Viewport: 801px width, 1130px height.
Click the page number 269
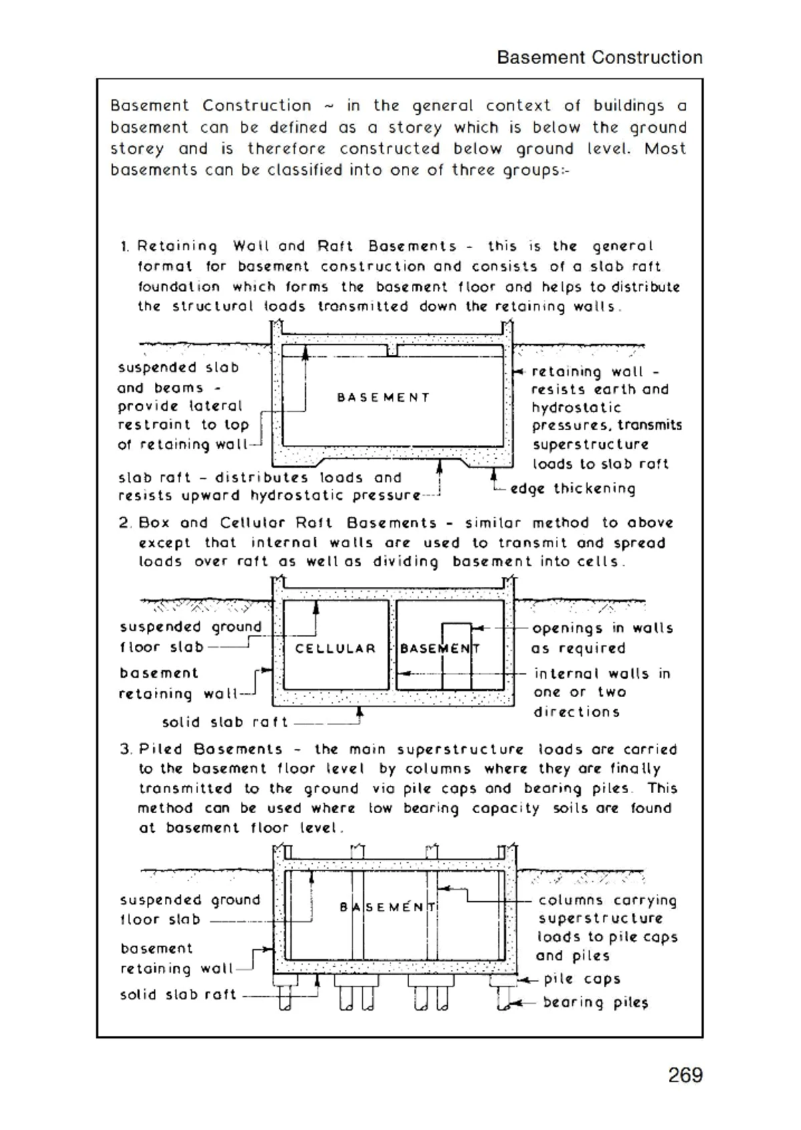tap(685, 1075)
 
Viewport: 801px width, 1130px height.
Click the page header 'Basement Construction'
tap(599, 57)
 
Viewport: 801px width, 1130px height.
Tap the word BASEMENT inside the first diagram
tap(383, 398)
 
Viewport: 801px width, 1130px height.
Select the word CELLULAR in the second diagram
tap(335, 648)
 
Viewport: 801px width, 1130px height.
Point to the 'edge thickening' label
tap(573, 489)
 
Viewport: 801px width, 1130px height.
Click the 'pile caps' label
tap(582, 979)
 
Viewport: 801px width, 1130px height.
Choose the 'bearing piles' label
tap(595, 1003)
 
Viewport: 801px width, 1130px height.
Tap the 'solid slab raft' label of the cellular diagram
tap(225, 722)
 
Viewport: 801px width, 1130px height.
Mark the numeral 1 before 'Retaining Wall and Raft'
tap(125, 247)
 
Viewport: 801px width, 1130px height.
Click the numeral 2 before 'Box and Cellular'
tap(125, 523)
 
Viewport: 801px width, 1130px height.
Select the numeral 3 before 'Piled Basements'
tap(125, 749)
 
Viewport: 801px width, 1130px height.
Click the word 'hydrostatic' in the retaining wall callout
tap(576, 408)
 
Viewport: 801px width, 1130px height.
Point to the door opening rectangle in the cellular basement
tap(457, 657)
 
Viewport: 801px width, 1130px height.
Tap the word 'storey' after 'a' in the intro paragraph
tap(415, 127)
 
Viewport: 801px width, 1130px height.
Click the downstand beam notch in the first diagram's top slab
tap(392, 350)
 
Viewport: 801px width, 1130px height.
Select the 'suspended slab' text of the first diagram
tap(178, 368)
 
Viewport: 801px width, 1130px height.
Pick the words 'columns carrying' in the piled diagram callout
tap(607, 901)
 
